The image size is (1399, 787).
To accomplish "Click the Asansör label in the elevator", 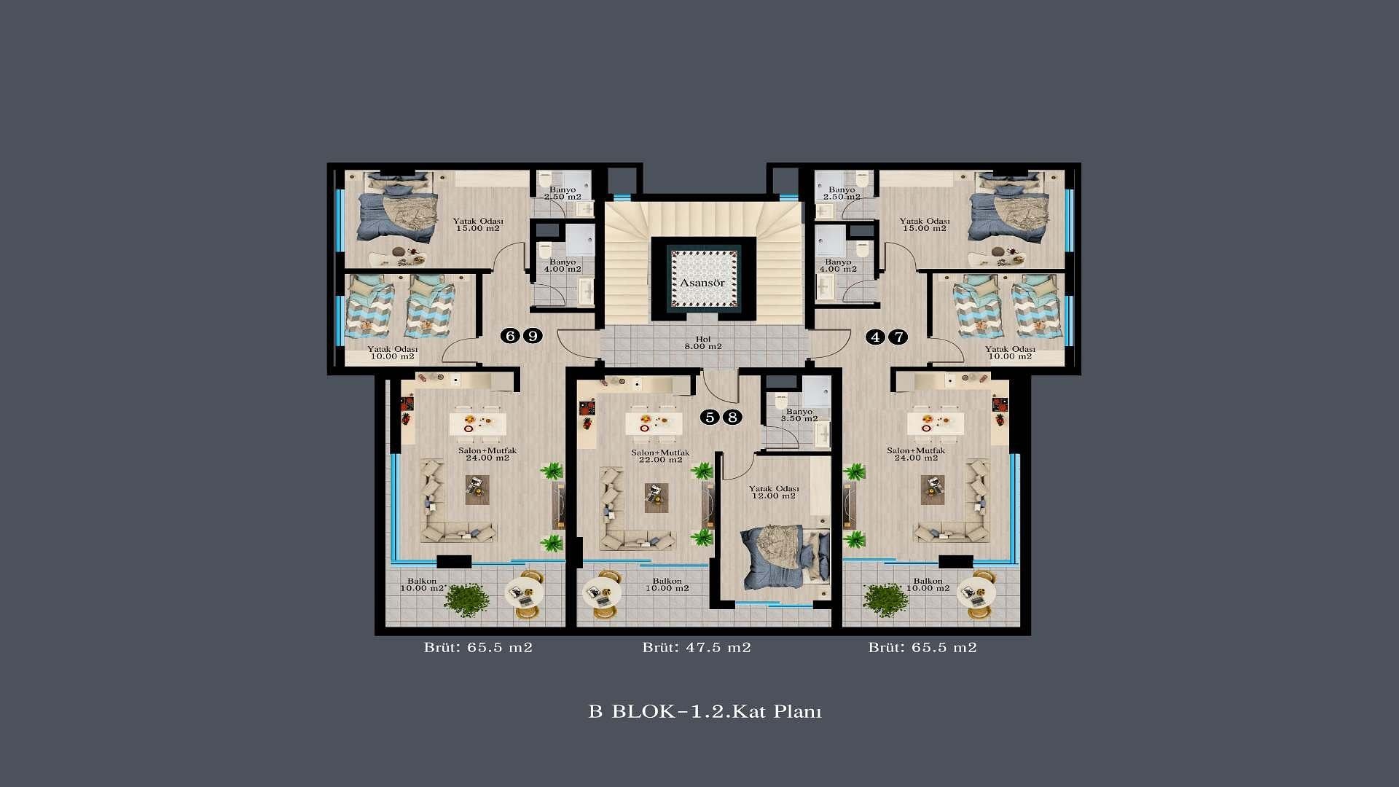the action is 702,283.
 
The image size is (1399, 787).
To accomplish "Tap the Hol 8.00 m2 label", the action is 703,342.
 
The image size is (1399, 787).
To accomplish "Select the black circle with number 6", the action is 510,336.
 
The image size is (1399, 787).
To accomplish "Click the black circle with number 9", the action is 533,336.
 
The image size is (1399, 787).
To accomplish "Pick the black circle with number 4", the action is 875,337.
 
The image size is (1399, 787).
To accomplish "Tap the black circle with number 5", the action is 709,418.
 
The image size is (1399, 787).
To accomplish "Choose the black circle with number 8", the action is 732,418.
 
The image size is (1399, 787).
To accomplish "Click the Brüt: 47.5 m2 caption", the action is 697,647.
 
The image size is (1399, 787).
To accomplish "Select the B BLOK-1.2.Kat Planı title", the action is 705,711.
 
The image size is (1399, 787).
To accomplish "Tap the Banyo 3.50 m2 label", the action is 799,415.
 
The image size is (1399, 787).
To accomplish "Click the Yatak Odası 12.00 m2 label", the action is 774,492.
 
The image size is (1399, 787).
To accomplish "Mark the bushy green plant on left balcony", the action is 466,600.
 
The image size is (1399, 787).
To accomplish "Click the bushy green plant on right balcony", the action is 885,600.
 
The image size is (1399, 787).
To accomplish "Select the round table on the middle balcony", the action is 603,592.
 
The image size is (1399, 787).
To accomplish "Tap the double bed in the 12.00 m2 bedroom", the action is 785,557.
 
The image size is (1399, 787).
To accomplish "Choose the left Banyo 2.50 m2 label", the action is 563,193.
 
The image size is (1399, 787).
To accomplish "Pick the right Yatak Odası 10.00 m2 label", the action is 1009,353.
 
